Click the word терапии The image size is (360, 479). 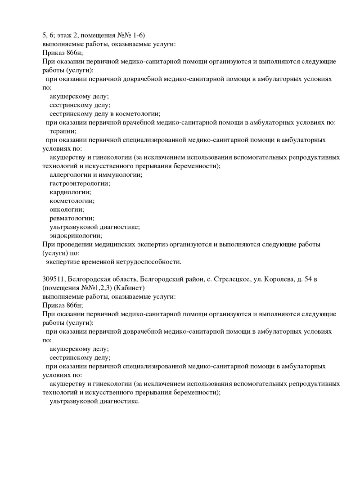click(x=63, y=131)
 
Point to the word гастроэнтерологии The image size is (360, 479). click(x=79, y=183)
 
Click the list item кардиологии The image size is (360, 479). click(x=69, y=192)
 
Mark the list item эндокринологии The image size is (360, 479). click(x=75, y=235)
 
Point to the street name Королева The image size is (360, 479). click(x=272, y=279)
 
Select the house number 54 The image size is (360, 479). click(x=305, y=279)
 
